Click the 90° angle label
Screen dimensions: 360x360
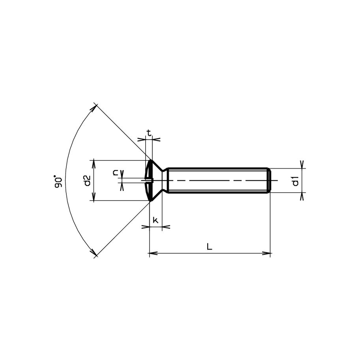[x=59, y=182]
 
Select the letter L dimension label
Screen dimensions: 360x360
[x=209, y=247]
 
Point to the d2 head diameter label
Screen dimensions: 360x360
[x=87, y=181]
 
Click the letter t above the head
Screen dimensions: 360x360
[x=149, y=133]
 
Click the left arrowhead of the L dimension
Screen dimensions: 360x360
[x=152, y=253]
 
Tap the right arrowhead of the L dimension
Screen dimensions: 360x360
[x=267, y=253]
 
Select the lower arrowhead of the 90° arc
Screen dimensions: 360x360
[x=94, y=253]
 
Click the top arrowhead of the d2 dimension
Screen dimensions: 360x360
[x=94, y=163]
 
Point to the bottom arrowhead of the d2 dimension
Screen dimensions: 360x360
[x=94, y=197]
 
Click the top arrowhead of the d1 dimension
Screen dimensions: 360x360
[x=302, y=165]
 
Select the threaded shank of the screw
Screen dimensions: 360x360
[x=217, y=181]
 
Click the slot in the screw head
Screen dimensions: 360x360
[x=148, y=181]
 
